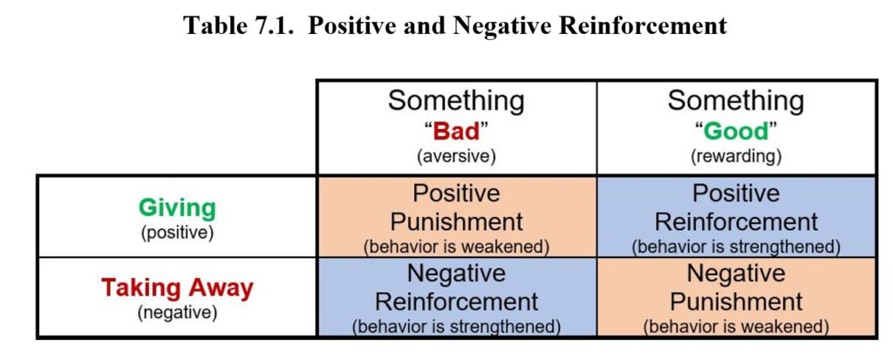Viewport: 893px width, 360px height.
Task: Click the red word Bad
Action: point(456,132)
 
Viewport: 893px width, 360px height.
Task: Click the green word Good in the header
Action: point(737,132)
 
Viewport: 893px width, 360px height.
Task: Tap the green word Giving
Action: point(178,208)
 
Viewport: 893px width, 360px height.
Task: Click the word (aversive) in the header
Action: point(456,158)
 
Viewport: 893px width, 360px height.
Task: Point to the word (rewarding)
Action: point(737,158)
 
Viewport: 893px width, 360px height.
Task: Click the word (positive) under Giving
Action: point(178,232)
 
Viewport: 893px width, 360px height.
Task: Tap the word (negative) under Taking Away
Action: point(177,312)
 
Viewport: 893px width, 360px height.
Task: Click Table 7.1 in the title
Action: point(229,25)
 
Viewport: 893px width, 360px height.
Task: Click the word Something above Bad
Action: point(456,101)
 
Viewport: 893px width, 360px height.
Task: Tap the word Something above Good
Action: point(737,101)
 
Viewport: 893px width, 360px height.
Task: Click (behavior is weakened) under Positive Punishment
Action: point(456,246)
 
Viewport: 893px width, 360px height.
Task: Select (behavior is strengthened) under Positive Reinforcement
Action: point(737,246)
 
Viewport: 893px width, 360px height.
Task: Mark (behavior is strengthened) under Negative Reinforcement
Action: point(456,328)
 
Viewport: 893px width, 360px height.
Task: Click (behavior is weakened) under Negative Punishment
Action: point(737,328)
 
